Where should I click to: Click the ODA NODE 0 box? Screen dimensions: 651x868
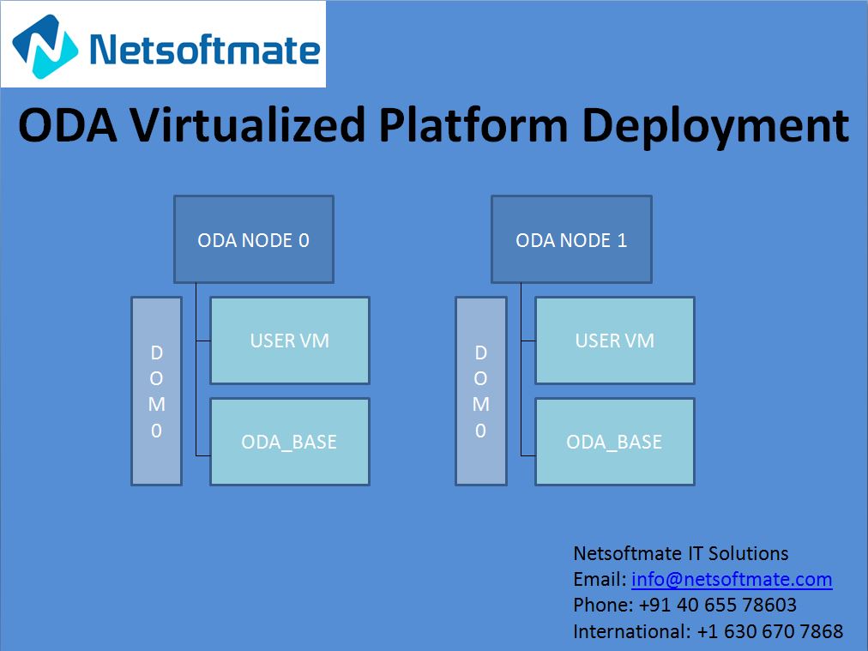coord(253,239)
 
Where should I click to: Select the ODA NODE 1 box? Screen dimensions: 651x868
coord(570,239)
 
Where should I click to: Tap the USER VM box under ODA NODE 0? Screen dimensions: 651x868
coord(289,341)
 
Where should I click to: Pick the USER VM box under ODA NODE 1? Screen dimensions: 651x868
coord(614,341)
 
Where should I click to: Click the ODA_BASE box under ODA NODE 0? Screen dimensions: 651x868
coord(289,442)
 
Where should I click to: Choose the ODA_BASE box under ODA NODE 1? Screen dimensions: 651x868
coord(614,442)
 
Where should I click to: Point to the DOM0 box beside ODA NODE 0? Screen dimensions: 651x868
coord(156,391)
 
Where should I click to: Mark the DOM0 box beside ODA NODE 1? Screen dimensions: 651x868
coord(480,391)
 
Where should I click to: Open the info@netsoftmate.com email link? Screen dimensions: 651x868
coord(732,579)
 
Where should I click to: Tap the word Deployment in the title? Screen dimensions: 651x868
coord(715,126)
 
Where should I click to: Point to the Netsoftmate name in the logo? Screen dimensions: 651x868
coord(204,49)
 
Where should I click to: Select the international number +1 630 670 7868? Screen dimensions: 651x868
coord(769,631)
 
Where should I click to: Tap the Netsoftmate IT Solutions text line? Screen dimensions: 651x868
coord(680,552)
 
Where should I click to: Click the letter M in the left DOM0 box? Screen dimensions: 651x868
coord(156,404)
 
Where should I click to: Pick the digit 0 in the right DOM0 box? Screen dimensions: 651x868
coord(480,431)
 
